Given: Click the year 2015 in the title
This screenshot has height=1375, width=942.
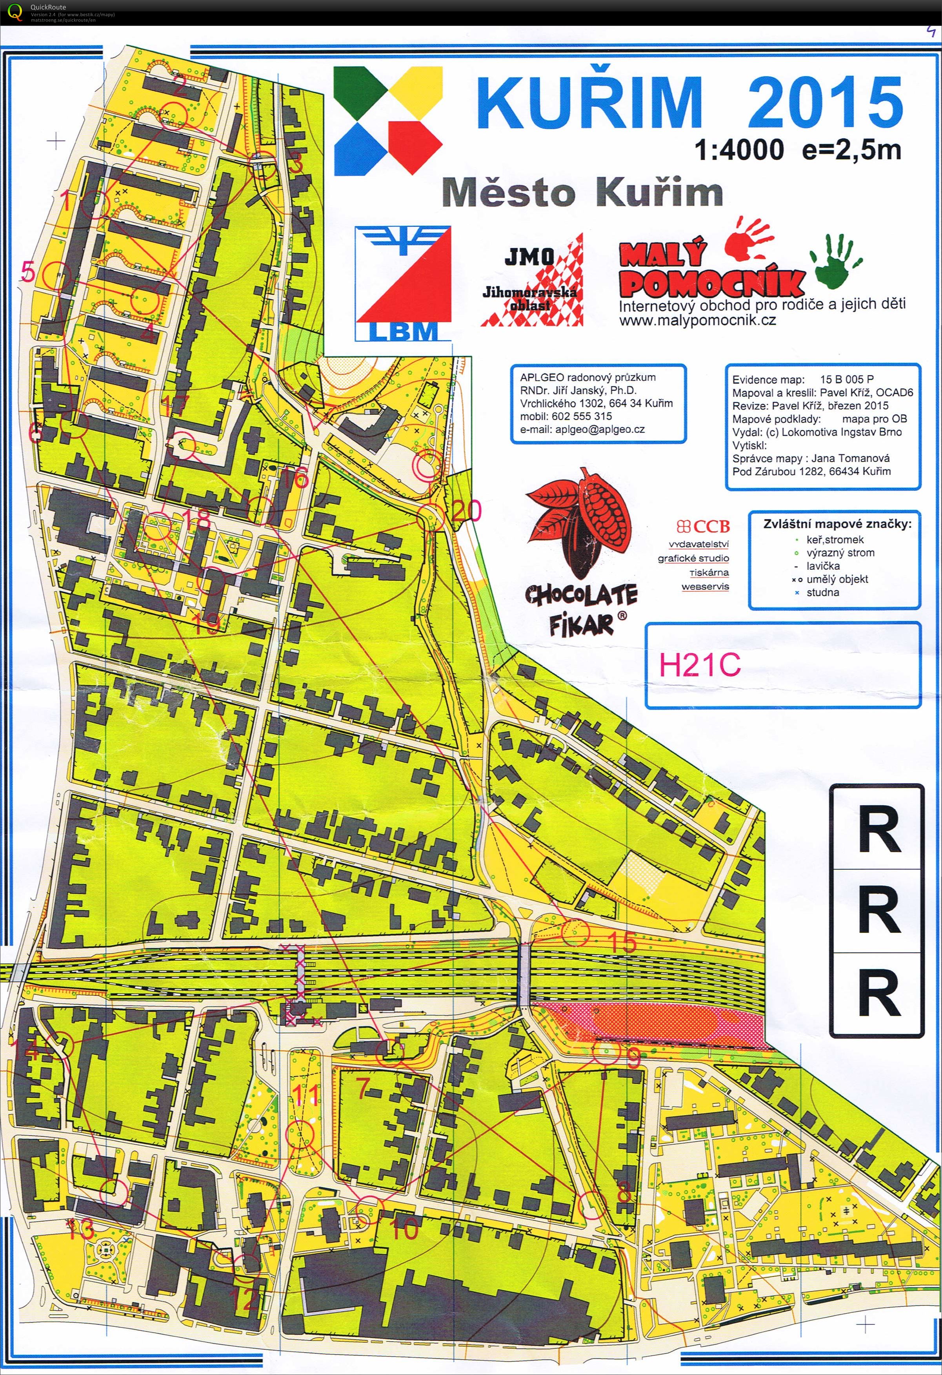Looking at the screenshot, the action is [x=825, y=102].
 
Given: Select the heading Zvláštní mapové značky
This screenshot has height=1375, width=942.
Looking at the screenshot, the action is [x=837, y=523].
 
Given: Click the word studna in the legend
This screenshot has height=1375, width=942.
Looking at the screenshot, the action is [x=822, y=592].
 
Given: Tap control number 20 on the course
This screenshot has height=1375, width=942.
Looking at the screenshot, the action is [x=467, y=511].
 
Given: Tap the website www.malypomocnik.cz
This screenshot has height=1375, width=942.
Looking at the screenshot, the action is [x=697, y=321].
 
